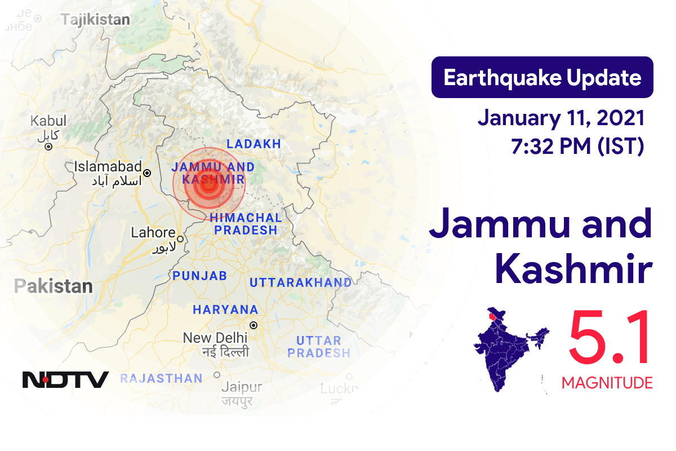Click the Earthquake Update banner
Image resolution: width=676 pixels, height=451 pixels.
(542, 78)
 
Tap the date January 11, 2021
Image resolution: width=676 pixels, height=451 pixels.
(561, 118)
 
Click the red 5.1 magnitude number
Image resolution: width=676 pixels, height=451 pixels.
(610, 338)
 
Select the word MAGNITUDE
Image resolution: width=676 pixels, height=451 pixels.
(607, 383)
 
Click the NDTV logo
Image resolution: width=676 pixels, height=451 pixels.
(65, 379)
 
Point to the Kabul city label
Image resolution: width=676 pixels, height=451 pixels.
(48, 121)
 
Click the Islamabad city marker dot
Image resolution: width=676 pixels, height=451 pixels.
(147, 173)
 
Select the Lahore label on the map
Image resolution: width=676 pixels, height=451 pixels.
(153, 232)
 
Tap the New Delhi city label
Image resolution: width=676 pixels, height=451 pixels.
(215, 338)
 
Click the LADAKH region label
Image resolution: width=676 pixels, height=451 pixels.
(253, 144)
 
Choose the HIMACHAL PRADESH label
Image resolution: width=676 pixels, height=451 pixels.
(246, 224)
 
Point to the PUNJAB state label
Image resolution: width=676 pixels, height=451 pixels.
(199, 276)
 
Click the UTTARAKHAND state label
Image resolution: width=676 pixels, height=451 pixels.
(300, 282)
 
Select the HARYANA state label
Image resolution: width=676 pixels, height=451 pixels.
(225, 309)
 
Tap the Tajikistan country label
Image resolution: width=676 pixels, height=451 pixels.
(95, 20)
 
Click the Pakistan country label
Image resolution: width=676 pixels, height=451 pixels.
(54, 286)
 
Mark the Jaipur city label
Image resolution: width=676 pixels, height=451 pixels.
(242, 387)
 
